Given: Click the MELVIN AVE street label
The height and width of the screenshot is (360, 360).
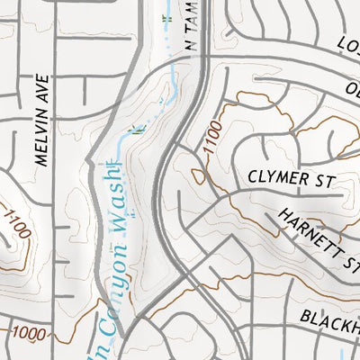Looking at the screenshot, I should [40, 121].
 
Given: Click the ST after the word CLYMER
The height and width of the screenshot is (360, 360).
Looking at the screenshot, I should [324, 181].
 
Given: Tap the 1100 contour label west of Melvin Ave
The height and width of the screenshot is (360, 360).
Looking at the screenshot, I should [16, 223].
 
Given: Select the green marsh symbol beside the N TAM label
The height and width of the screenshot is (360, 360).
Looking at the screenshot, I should [166, 19].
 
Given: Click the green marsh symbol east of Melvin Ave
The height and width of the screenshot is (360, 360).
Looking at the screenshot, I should [137, 130].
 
